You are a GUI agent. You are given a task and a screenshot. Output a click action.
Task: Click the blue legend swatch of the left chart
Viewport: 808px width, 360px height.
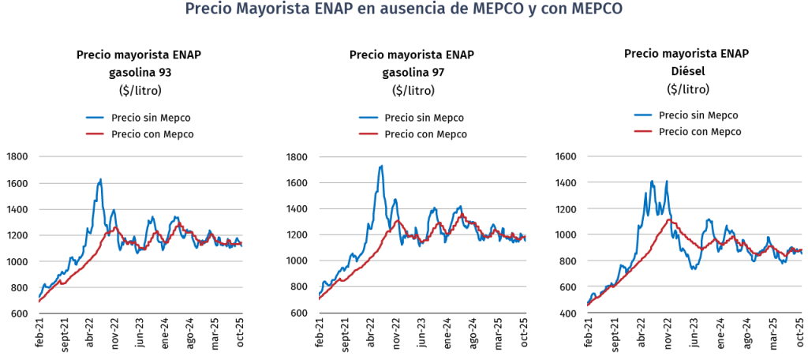point(95,118)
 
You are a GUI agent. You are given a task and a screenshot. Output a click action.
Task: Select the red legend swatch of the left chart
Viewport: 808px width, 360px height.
point(95,134)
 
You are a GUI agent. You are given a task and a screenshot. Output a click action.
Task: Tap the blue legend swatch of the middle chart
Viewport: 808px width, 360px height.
point(368,118)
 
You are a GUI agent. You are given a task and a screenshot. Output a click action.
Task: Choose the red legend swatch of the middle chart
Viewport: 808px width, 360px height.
point(368,134)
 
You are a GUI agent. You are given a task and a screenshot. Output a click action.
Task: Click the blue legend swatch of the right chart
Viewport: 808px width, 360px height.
point(643,114)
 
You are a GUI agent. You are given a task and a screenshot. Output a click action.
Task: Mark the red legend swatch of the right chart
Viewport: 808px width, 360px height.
point(643,130)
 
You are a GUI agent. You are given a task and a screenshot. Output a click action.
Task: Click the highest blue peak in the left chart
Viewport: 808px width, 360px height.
point(100,179)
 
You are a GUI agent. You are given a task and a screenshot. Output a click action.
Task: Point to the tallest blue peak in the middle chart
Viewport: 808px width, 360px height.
point(381,166)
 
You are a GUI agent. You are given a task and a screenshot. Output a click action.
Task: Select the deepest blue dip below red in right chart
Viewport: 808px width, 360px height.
point(693,268)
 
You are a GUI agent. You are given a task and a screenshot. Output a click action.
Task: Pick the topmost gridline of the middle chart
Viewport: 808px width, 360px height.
point(422,157)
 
